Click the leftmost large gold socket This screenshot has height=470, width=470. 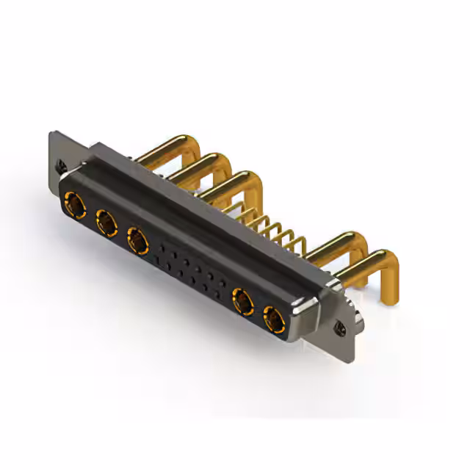pos(73,202)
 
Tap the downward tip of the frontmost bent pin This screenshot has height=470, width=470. pos(388,292)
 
